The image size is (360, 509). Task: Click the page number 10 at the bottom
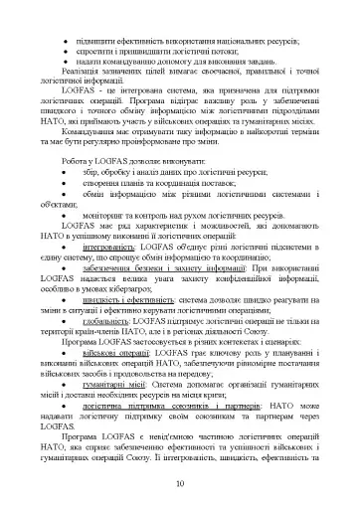[x=179, y=484]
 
